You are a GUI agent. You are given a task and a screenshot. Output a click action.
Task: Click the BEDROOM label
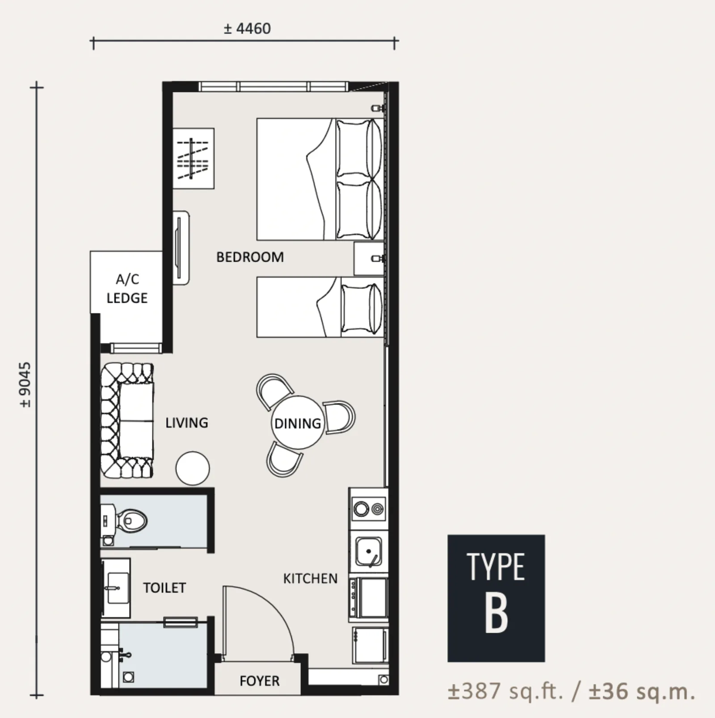coord(250,257)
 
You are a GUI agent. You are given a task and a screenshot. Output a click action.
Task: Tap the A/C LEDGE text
coord(127,288)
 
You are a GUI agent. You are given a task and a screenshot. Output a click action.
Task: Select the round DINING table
coord(297,422)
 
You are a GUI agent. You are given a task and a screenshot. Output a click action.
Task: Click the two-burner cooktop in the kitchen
coord(369,509)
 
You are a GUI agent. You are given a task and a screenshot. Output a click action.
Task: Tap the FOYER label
coord(260,681)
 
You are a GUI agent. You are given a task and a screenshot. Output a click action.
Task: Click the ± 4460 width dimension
coord(247,29)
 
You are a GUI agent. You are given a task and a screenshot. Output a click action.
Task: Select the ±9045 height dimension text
coord(25,384)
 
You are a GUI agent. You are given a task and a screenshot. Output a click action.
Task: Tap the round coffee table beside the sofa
coord(193,468)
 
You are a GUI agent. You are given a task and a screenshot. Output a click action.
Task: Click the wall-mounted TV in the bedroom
coord(181,248)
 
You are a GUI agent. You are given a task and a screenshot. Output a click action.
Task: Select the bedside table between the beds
coord(369,259)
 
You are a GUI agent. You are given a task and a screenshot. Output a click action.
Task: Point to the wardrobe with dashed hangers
coord(193,159)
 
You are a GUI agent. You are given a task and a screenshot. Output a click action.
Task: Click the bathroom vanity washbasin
coord(116,588)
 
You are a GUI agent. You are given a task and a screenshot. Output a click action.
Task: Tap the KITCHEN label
coord(310,579)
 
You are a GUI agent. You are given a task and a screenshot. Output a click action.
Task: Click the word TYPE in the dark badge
coord(496,567)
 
